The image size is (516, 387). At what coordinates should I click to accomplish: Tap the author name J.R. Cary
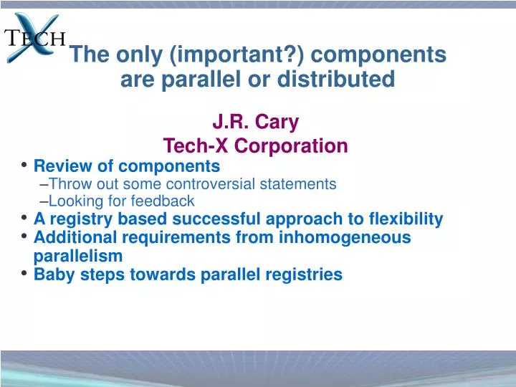pos(255,123)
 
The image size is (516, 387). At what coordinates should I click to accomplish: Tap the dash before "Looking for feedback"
pos(45,201)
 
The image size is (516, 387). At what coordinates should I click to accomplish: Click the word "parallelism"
pos(78,256)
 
